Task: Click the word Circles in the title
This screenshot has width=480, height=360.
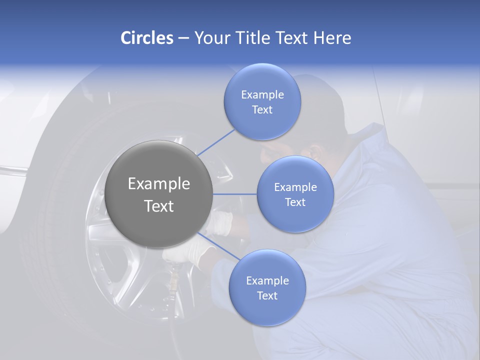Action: click(147, 38)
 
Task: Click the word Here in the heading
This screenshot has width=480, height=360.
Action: click(332, 38)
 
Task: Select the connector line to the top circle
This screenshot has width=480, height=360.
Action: click(216, 142)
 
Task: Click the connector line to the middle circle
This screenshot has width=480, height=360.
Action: click(234, 194)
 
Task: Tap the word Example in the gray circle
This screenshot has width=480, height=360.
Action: click(159, 184)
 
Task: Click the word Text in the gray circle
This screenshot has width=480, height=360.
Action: click(159, 206)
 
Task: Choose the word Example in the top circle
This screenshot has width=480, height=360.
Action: click(262, 95)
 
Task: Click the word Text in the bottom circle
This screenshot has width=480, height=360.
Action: click(267, 295)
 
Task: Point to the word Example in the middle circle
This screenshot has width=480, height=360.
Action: click(295, 187)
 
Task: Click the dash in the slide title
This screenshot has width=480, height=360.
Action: click(183, 38)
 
